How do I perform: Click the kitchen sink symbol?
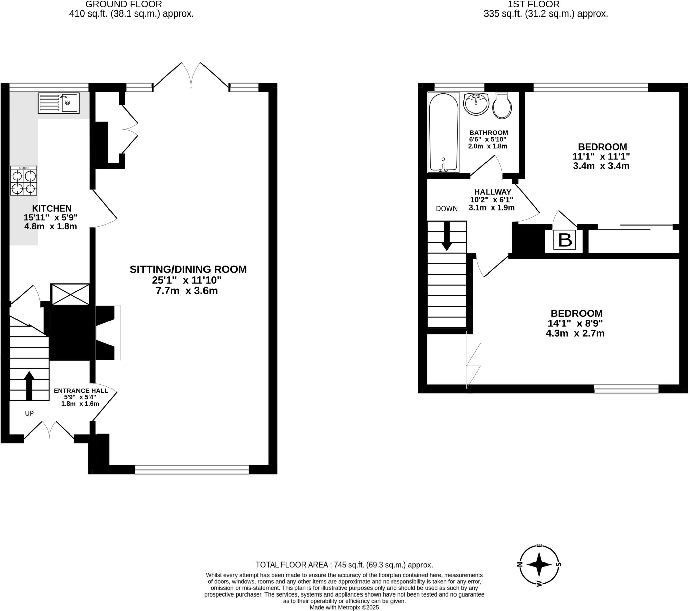58,103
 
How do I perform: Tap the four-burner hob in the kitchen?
23,181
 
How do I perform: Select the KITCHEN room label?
52,208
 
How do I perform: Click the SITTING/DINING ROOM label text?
188,269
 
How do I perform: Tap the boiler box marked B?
565,240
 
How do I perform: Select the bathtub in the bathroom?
443,132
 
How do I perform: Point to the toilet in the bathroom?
502,105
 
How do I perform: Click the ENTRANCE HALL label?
81,391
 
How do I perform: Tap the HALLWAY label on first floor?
493,192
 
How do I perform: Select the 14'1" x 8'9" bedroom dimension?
575,323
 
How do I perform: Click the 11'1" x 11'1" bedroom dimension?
601,156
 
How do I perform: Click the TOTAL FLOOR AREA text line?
344,565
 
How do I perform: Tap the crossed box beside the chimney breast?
70,294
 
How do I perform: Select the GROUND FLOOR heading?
124,4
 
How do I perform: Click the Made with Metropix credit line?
344,608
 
